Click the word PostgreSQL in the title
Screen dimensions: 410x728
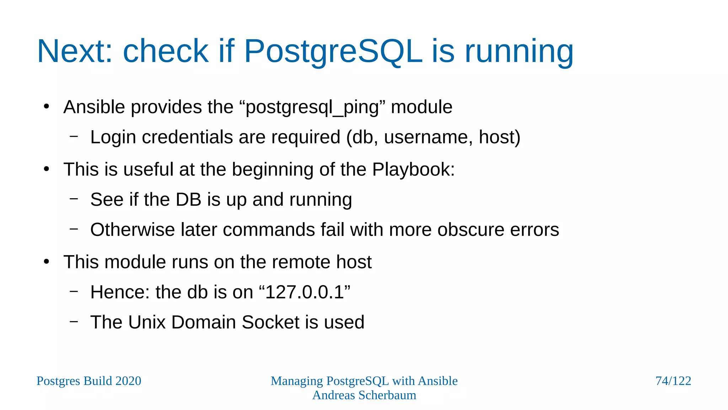333,52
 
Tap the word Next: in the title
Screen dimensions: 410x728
75,52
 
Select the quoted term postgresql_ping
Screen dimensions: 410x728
312,107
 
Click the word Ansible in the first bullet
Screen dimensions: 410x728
94,107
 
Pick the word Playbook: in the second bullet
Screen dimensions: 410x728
413,169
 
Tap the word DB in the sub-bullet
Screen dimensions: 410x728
188,200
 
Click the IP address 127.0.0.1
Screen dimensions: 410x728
305,293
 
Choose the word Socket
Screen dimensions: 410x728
270,322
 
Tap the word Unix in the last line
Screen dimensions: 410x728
146,322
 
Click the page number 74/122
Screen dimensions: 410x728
673,381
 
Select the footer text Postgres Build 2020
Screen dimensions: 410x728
89,381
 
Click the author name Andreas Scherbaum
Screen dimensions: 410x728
364,395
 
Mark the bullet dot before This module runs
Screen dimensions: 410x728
47,262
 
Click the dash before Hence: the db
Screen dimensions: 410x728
74,291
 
